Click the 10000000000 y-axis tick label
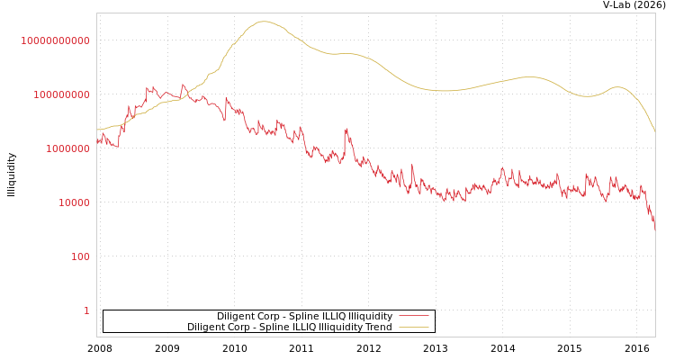point(56,40)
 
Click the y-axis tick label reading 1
point(86,310)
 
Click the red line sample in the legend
point(413,317)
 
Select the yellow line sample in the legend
point(413,328)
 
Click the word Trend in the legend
point(378,328)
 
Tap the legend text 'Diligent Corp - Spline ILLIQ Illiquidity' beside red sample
point(304,317)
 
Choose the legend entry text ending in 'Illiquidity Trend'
point(289,328)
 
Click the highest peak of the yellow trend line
point(263,22)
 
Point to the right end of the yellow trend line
point(654,131)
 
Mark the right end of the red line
point(654,229)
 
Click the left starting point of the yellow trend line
point(97,129)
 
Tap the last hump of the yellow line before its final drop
point(616,87)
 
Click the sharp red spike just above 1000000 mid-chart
point(346,130)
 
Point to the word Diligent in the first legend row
point(236,317)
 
